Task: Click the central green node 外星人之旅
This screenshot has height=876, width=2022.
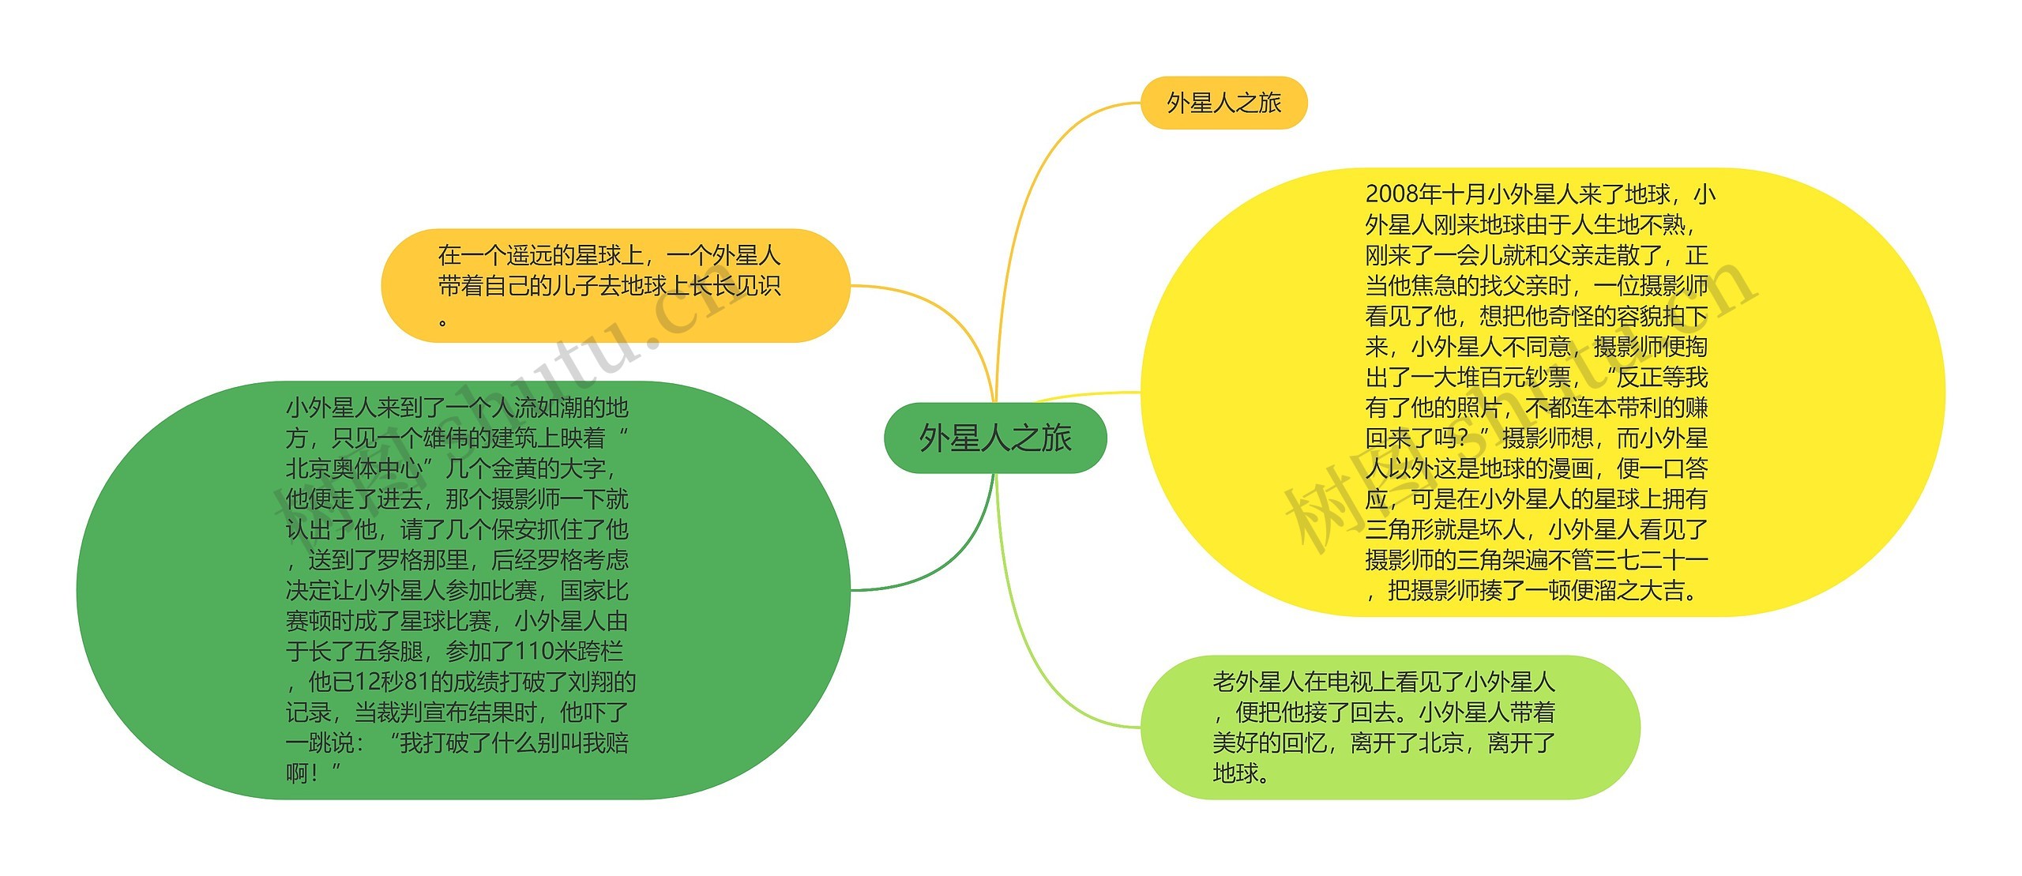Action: pos(994,438)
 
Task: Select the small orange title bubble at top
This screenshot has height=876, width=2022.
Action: pos(1223,103)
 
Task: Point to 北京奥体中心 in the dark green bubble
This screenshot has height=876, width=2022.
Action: pos(354,469)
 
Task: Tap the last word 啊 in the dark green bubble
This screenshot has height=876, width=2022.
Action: pos(297,773)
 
